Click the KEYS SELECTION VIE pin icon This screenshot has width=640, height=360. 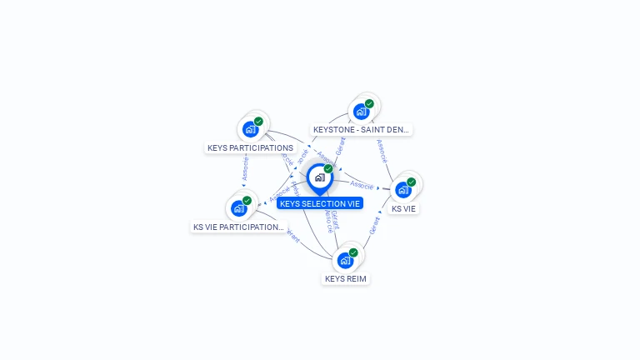tap(319, 177)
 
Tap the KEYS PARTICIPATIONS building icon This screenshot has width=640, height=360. tap(249, 129)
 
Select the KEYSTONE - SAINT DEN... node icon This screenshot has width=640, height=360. tap(361, 112)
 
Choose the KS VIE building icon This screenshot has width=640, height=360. tap(403, 189)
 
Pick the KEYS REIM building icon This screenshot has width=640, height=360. tap(345, 260)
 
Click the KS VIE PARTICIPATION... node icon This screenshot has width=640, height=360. tap(238, 208)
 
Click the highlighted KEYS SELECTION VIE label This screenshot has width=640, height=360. tap(320, 203)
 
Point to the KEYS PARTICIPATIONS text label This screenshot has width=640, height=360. tap(250, 148)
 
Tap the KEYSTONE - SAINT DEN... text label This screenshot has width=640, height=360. tap(362, 130)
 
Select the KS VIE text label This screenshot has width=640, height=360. tap(403, 209)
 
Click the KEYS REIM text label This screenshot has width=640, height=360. tap(346, 278)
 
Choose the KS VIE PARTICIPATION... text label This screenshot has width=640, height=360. tap(238, 227)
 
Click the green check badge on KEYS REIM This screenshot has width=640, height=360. tap(353, 252)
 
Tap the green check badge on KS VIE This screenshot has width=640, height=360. tap(412, 182)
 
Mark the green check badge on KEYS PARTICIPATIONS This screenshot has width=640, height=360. tap(258, 122)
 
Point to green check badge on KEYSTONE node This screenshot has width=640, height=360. tap(369, 104)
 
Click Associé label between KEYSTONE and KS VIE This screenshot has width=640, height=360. tap(382, 151)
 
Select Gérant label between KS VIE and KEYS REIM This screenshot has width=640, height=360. tap(374, 225)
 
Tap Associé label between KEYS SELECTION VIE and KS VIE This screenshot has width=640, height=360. tap(362, 184)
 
